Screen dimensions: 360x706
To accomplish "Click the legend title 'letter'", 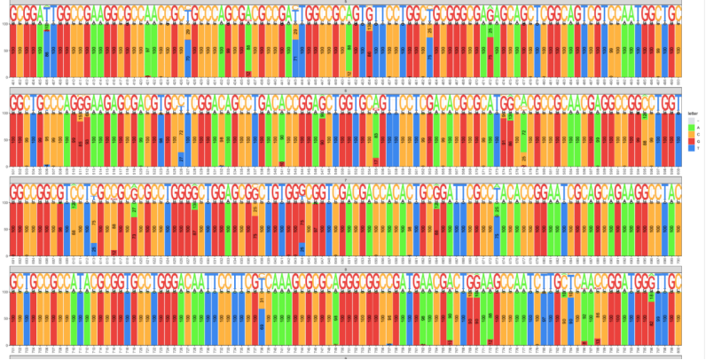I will click(692, 113).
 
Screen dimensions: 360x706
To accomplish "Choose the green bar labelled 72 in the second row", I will click(523, 146).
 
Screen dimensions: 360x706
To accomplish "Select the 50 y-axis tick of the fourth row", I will click(5, 317).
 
